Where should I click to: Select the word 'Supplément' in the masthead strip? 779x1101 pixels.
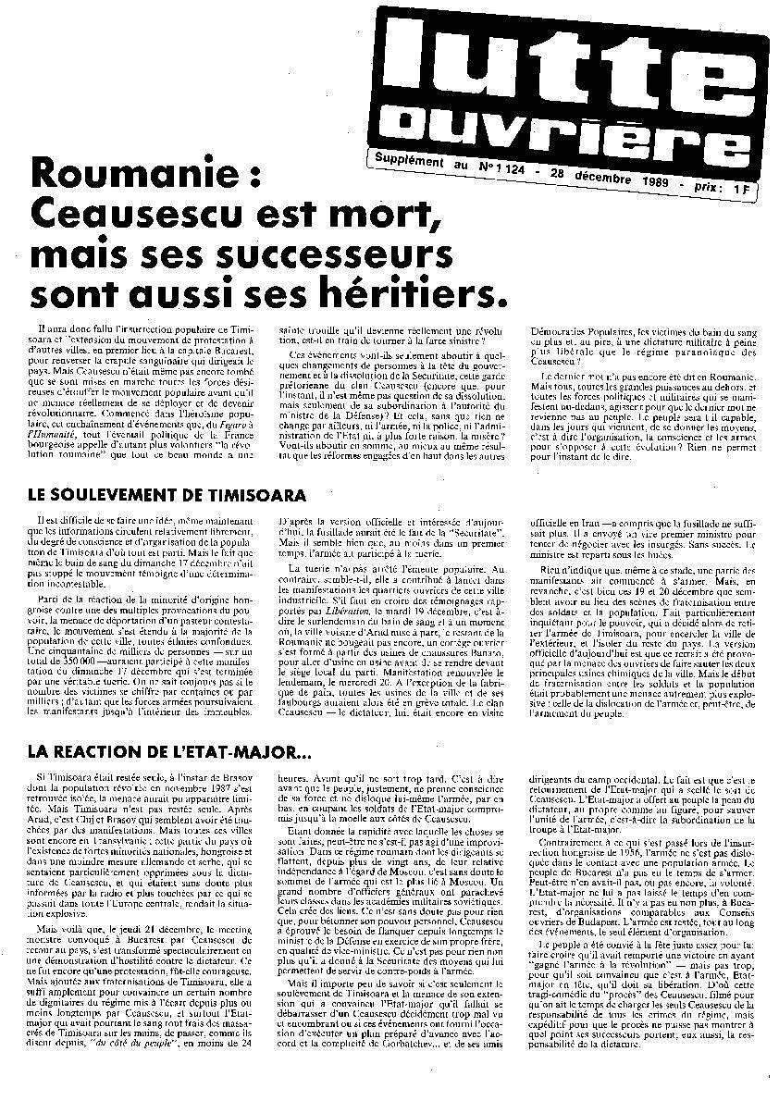pos(406,161)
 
